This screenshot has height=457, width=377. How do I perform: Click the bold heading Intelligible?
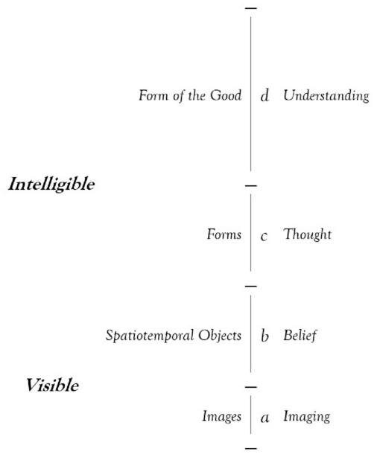(x=51, y=185)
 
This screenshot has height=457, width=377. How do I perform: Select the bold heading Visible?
(x=52, y=385)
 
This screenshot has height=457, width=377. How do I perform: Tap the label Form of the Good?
(x=190, y=95)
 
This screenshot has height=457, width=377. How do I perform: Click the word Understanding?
(x=326, y=96)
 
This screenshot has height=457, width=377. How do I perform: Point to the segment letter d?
(x=264, y=95)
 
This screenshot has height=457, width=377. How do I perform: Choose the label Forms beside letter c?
(x=224, y=234)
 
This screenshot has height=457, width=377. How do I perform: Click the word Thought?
(x=308, y=234)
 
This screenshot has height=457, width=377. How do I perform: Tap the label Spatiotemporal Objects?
(x=174, y=336)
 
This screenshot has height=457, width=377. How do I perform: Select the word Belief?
(x=300, y=336)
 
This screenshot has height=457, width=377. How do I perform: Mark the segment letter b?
(x=264, y=336)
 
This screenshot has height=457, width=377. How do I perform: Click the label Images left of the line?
(x=222, y=416)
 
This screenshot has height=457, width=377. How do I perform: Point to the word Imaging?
(x=307, y=417)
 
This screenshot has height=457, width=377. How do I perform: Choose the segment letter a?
(x=264, y=418)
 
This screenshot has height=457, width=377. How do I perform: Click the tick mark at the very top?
(x=251, y=8)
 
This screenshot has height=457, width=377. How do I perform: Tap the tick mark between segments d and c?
(x=251, y=185)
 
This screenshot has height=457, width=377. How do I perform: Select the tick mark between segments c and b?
(x=251, y=287)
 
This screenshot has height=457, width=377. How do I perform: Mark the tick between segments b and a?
(x=251, y=387)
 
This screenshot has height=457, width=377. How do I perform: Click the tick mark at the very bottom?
(x=251, y=448)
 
